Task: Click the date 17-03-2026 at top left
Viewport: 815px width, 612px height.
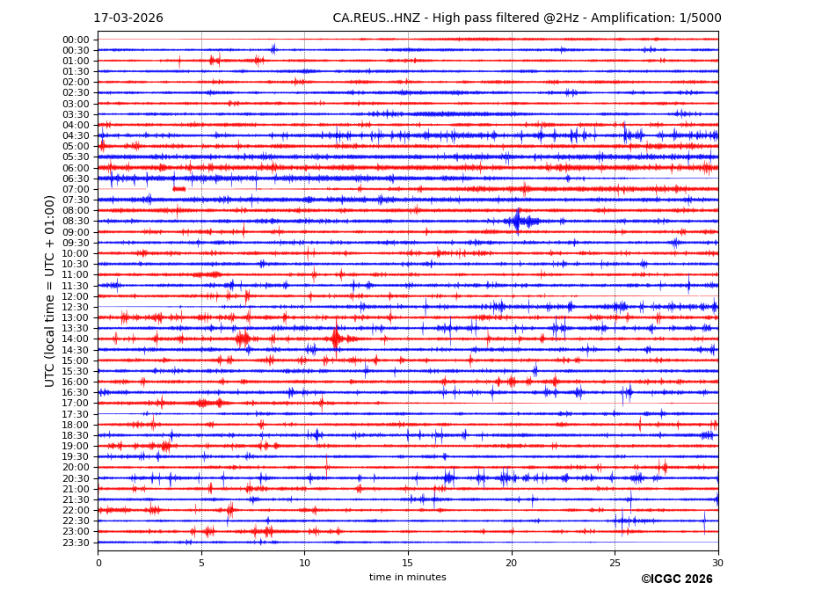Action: point(128,18)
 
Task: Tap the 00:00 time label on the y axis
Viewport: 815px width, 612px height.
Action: point(76,40)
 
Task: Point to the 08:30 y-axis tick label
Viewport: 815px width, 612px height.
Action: point(76,222)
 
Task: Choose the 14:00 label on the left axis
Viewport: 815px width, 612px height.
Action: point(76,339)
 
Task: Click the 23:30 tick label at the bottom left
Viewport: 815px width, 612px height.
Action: point(76,543)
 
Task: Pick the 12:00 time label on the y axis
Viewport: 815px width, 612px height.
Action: point(76,296)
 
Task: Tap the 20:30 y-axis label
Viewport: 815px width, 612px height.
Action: point(76,478)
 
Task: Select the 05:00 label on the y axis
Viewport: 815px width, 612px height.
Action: point(76,147)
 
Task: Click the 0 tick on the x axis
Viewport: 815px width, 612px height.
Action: point(98,562)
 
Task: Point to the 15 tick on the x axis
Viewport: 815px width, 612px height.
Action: point(408,562)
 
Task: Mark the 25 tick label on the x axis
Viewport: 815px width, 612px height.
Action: point(615,562)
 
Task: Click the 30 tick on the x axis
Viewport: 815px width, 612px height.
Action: point(717,562)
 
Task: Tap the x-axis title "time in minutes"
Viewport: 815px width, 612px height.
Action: point(407,577)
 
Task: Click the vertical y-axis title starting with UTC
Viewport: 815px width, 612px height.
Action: point(50,290)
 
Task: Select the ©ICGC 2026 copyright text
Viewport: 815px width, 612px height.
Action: point(676,579)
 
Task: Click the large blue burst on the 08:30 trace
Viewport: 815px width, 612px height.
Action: point(518,221)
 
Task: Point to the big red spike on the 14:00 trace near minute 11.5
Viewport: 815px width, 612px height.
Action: point(336,338)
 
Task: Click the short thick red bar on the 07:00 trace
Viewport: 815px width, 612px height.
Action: point(179,189)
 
